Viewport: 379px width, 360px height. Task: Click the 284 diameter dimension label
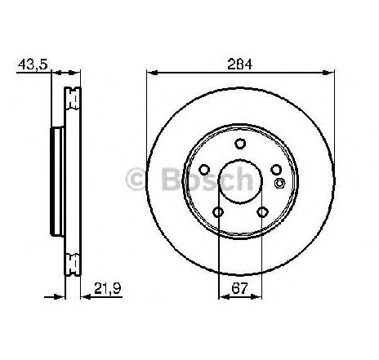pyautogui.click(x=240, y=64)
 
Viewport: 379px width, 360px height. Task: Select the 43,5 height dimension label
pyautogui.click(x=33, y=65)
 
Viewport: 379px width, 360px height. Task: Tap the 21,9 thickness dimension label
pyautogui.click(x=108, y=288)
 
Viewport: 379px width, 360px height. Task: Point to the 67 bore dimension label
pyautogui.click(x=239, y=288)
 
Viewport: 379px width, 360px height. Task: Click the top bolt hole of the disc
pyautogui.click(x=240, y=144)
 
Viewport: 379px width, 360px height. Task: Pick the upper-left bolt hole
pyautogui.click(x=204, y=170)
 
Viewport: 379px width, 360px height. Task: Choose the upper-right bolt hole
pyautogui.click(x=276, y=170)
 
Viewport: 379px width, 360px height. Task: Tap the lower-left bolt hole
pyautogui.click(x=218, y=212)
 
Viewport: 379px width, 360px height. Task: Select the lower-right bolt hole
pyautogui.click(x=263, y=212)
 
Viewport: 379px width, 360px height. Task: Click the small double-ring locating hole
pyautogui.click(x=279, y=183)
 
